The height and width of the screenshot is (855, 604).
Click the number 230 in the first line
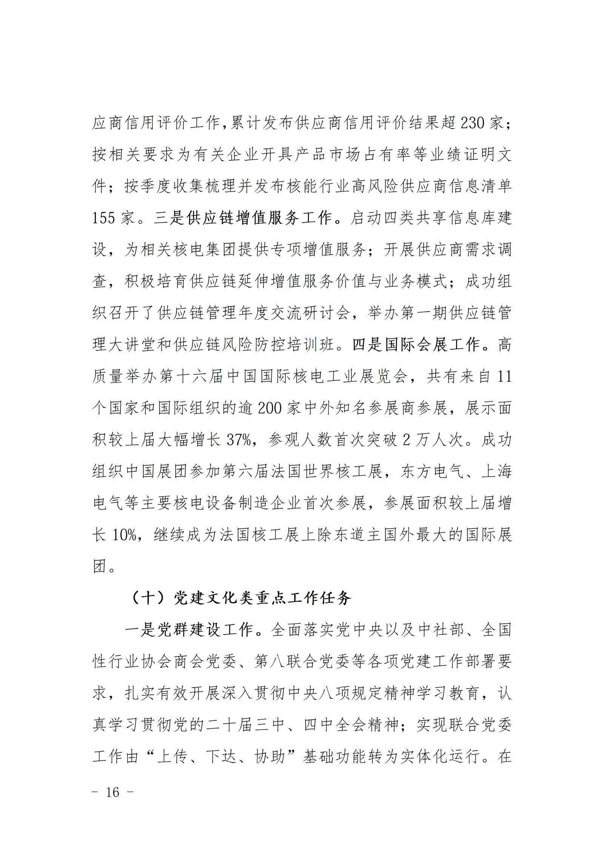[472, 123]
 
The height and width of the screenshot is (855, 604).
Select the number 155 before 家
[103, 218]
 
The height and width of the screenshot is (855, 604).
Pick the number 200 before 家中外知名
[270, 408]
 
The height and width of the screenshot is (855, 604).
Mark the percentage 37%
[239, 440]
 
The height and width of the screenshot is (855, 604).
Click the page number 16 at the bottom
[112, 792]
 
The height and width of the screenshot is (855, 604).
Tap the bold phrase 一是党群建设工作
[189, 630]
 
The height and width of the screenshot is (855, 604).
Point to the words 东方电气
[432, 472]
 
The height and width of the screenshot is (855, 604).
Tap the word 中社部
[441, 630]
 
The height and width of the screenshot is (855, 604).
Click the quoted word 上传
[172, 756]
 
